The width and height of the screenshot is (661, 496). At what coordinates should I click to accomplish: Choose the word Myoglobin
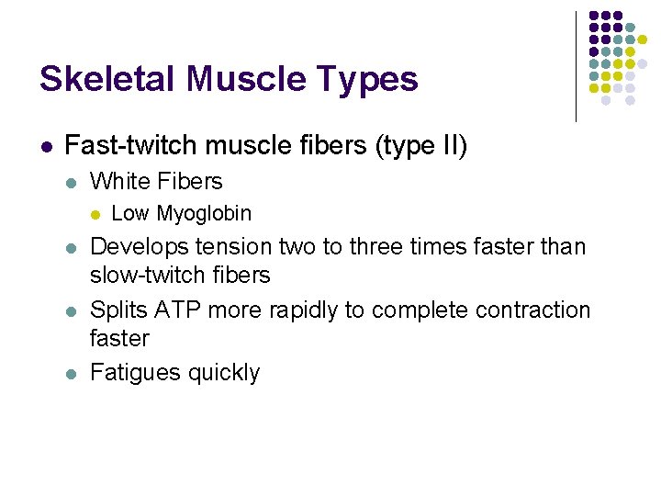(204, 214)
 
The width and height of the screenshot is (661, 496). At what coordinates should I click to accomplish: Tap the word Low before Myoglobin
(129, 214)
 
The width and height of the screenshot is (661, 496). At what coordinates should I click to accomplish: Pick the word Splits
(117, 310)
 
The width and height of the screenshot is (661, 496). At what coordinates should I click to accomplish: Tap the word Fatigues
(135, 373)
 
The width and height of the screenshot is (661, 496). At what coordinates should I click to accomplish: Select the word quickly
(223, 373)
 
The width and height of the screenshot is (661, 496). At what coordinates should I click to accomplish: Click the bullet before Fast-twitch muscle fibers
(46, 146)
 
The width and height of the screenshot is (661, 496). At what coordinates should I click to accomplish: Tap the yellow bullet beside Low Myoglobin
(95, 215)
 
